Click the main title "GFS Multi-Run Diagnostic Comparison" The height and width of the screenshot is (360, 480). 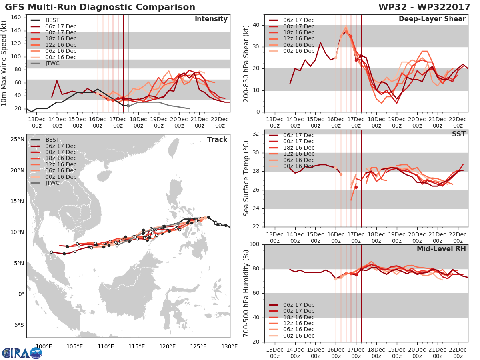click(100, 7)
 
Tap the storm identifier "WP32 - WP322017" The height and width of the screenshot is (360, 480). click(424, 7)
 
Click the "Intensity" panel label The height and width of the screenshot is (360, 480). click(211, 19)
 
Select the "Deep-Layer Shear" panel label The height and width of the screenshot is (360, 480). click(432, 19)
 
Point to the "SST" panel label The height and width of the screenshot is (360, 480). click(459, 134)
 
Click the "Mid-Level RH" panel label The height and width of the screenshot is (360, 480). click(441, 249)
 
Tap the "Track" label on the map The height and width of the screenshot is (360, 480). click(217, 140)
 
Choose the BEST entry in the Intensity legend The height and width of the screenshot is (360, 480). click(52, 20)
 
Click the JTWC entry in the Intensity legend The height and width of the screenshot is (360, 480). click(52, 63)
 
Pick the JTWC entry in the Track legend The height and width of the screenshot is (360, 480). click(52, 183)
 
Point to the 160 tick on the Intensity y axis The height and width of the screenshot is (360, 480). click(16, 18)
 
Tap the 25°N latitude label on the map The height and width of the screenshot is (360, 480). click(17, 140)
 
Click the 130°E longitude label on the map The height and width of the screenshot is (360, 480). click(229, 346)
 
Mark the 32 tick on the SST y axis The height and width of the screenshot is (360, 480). click(256, 134)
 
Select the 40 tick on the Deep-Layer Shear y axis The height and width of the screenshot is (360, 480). click(256, 25)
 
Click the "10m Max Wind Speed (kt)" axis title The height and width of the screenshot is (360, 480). click(4, 64)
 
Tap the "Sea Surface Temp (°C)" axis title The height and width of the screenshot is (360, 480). click(246, 178)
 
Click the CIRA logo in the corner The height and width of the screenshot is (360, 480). click(22, 353)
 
